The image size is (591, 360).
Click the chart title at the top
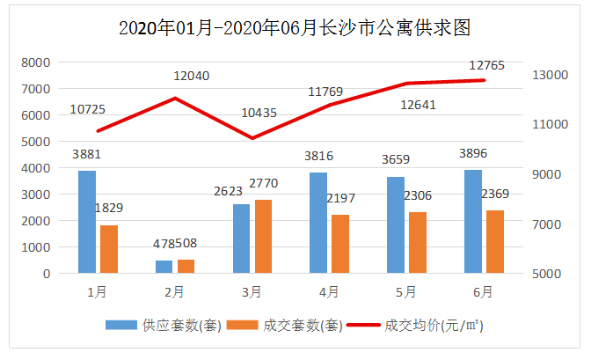[295, 27]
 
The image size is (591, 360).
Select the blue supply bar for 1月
[87, 222]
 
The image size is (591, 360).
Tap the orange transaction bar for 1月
[108, 249]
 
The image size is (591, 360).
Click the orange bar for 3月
[263, 237]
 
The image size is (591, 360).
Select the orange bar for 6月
[495, 242]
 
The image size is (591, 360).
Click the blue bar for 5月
[396, 224]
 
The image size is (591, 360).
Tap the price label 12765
[485, 64]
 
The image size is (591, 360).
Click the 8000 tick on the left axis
[36, 62]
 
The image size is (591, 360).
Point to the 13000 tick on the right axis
[551, 75]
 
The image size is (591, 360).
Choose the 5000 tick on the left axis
[36, 142]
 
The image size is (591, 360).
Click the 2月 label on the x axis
[175, 290]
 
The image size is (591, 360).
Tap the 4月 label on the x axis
[329, 290]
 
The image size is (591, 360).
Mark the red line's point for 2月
[175, 98]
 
